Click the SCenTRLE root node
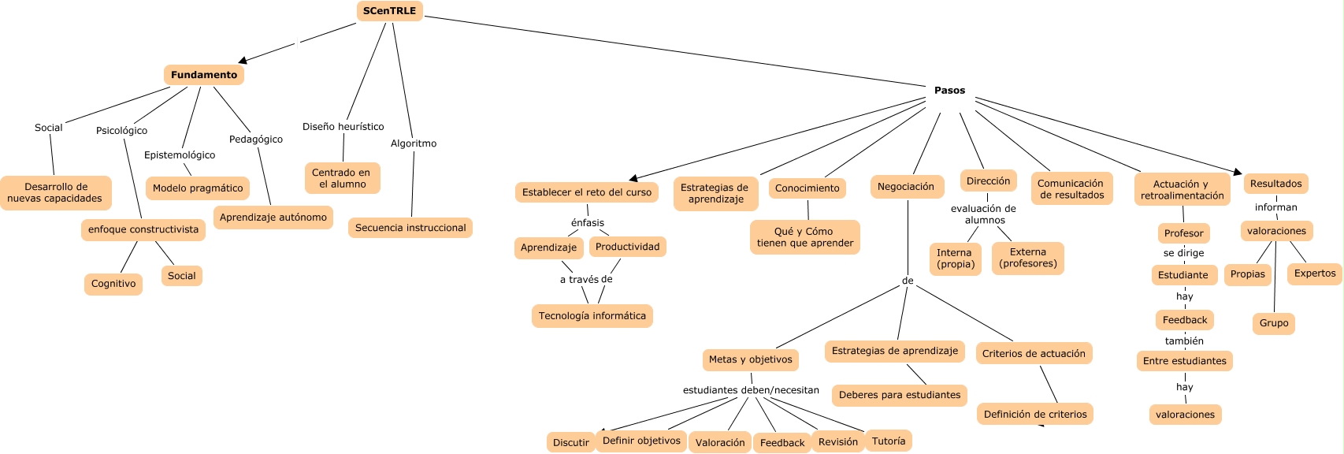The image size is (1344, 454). click(389, 11)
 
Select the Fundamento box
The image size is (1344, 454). click(204, 75)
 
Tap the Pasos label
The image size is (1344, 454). click(949, 91)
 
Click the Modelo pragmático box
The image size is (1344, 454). click(198, 188)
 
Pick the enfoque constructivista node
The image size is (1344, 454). click(143, 229)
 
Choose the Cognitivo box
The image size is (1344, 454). click(113, 284)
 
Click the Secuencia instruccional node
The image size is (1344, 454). click(410, 228)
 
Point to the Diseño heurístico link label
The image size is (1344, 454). click(343, 127)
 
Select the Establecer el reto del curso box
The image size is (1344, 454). click(587, 192)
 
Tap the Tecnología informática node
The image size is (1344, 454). click(592, 316)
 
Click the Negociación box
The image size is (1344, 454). click(906, 187)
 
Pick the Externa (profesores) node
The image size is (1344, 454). click(1028, 258)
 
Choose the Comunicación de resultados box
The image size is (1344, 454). click(1071, 189)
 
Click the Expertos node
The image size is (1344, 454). click(1315, 274)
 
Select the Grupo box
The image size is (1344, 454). click(1274, 323)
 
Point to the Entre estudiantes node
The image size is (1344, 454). click(1185, 361)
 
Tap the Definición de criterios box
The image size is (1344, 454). click(1035, 415)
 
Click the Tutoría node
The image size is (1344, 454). click(889, 441)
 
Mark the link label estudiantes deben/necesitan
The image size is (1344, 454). click(751, 390)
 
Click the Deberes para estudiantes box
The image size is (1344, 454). click(900, 395)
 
